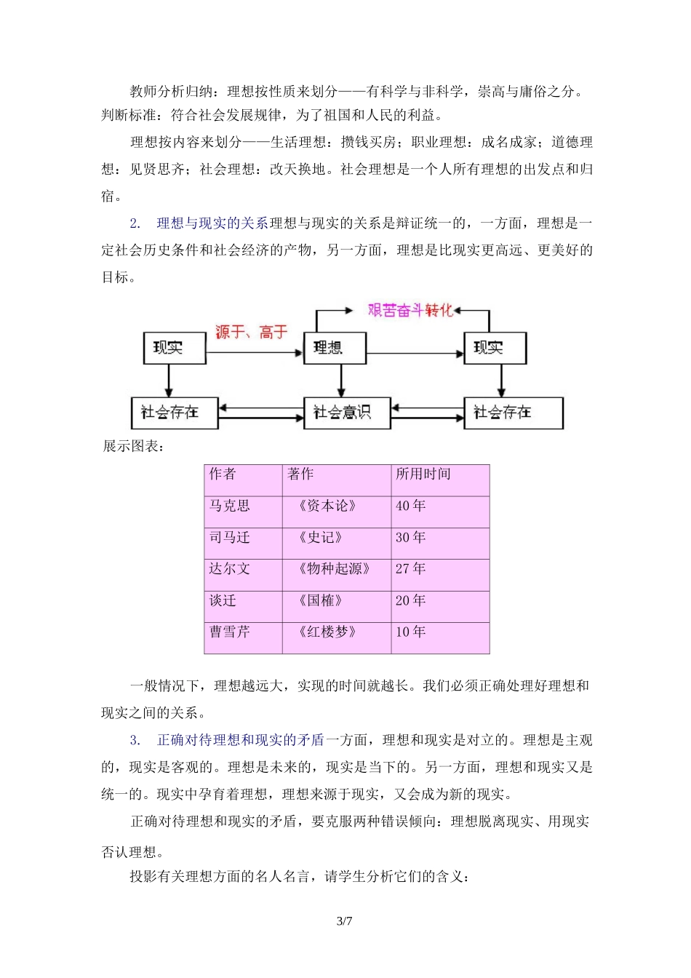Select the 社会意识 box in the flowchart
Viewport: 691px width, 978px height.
(345, 413)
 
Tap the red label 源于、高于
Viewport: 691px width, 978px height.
(252, 333)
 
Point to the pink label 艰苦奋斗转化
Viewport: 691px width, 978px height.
(410, 310)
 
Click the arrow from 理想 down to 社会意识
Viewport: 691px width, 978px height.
(341, 380)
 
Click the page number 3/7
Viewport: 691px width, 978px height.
(345, 921)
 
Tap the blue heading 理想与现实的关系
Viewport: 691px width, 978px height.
(212, 223)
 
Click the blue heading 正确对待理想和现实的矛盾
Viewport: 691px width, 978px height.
(241, 740)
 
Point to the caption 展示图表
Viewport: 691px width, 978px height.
(133, 446)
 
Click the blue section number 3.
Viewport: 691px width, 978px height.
(135, 740)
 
